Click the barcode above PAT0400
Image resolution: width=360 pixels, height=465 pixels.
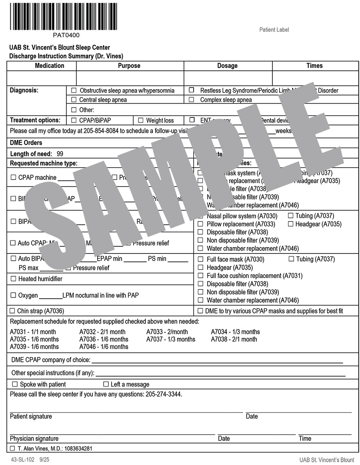point(64,16)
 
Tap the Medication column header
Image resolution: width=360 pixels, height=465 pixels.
point(49,66)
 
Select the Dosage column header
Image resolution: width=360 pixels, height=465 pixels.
point(227,66)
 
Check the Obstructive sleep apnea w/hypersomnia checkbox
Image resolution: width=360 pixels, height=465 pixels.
point(74,90)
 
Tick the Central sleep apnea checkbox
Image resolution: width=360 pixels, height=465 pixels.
point(74,100)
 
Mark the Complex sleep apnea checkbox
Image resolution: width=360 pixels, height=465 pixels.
point(192,100)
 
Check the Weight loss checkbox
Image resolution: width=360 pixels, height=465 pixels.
point(140,120)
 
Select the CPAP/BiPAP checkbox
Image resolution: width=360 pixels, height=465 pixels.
point(74,120)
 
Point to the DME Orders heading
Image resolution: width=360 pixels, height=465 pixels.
point(26,143)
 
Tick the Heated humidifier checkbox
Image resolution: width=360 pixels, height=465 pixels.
point(14,279)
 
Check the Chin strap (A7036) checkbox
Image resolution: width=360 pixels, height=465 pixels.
point(12,311)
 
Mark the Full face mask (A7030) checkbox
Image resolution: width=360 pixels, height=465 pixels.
point(200,259)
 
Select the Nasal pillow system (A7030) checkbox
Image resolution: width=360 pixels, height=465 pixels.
point(200,216)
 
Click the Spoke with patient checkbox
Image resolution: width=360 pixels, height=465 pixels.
point(15,384)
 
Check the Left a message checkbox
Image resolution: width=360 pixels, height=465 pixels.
point(106,384)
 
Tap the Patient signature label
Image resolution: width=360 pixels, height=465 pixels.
point(31,416)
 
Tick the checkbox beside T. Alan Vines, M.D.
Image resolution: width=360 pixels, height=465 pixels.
point(12,449)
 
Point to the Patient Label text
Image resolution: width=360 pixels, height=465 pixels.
point(274,30)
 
